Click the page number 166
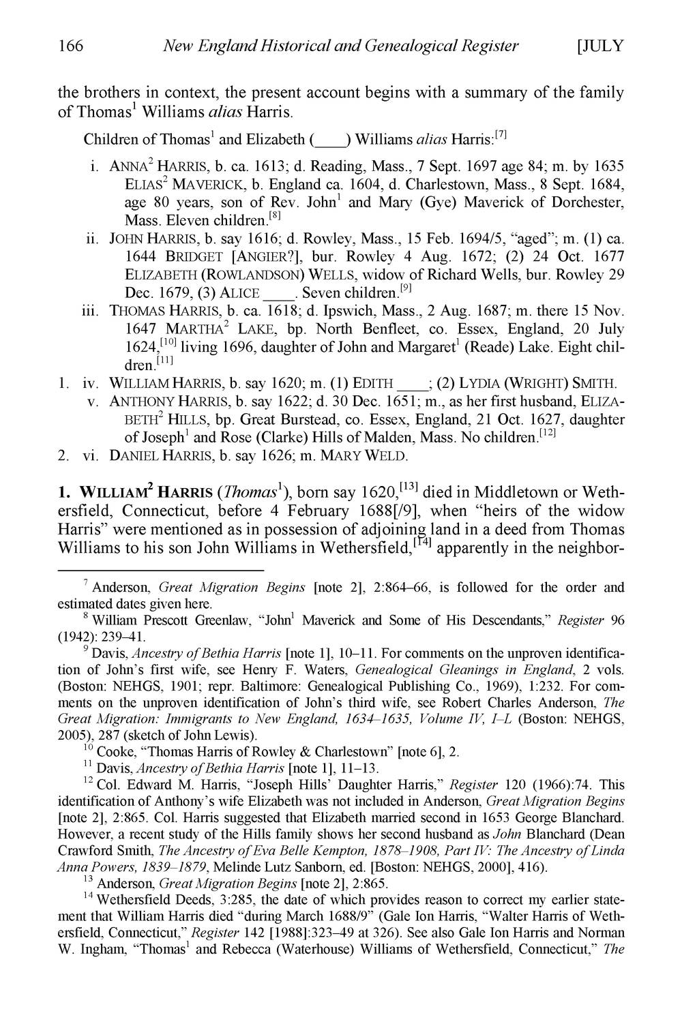(x=70, y=46)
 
